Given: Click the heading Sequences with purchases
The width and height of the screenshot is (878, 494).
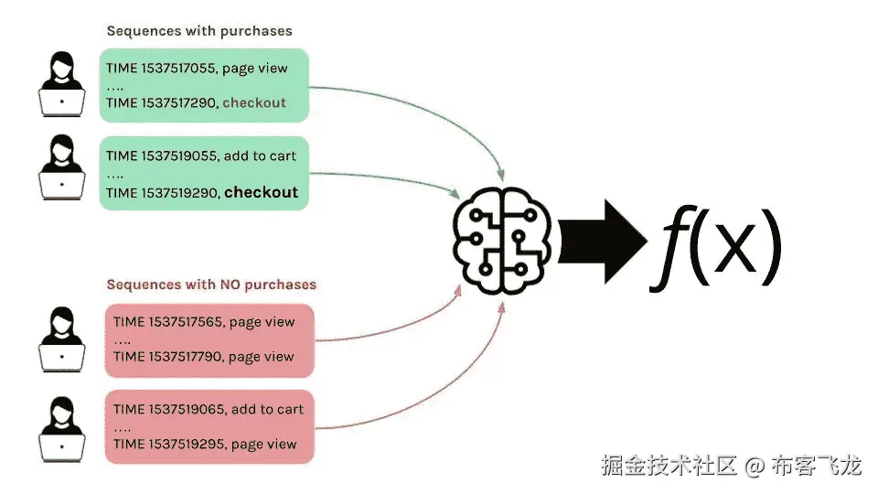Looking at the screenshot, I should [199, 31].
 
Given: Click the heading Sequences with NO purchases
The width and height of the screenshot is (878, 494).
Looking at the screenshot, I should [211, 285].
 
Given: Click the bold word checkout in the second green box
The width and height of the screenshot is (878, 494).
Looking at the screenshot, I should [261, 192].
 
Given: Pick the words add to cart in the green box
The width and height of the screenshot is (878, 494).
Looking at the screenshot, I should [261, 156].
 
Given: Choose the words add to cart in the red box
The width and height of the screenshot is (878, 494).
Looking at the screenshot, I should [268, 409].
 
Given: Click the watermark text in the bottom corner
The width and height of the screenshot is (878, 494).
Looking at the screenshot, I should [731, 467].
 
